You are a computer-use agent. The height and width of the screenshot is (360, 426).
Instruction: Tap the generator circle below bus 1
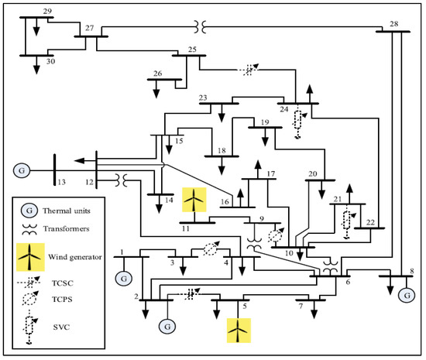pos(122,277)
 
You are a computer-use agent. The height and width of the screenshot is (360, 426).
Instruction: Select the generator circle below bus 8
pos(404,294)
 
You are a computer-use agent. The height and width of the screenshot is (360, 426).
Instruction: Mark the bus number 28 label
pos(393,24)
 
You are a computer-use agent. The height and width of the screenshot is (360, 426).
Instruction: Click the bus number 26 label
pos(157,74)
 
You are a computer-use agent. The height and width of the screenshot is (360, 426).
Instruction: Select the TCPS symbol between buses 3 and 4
pos(210,250)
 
